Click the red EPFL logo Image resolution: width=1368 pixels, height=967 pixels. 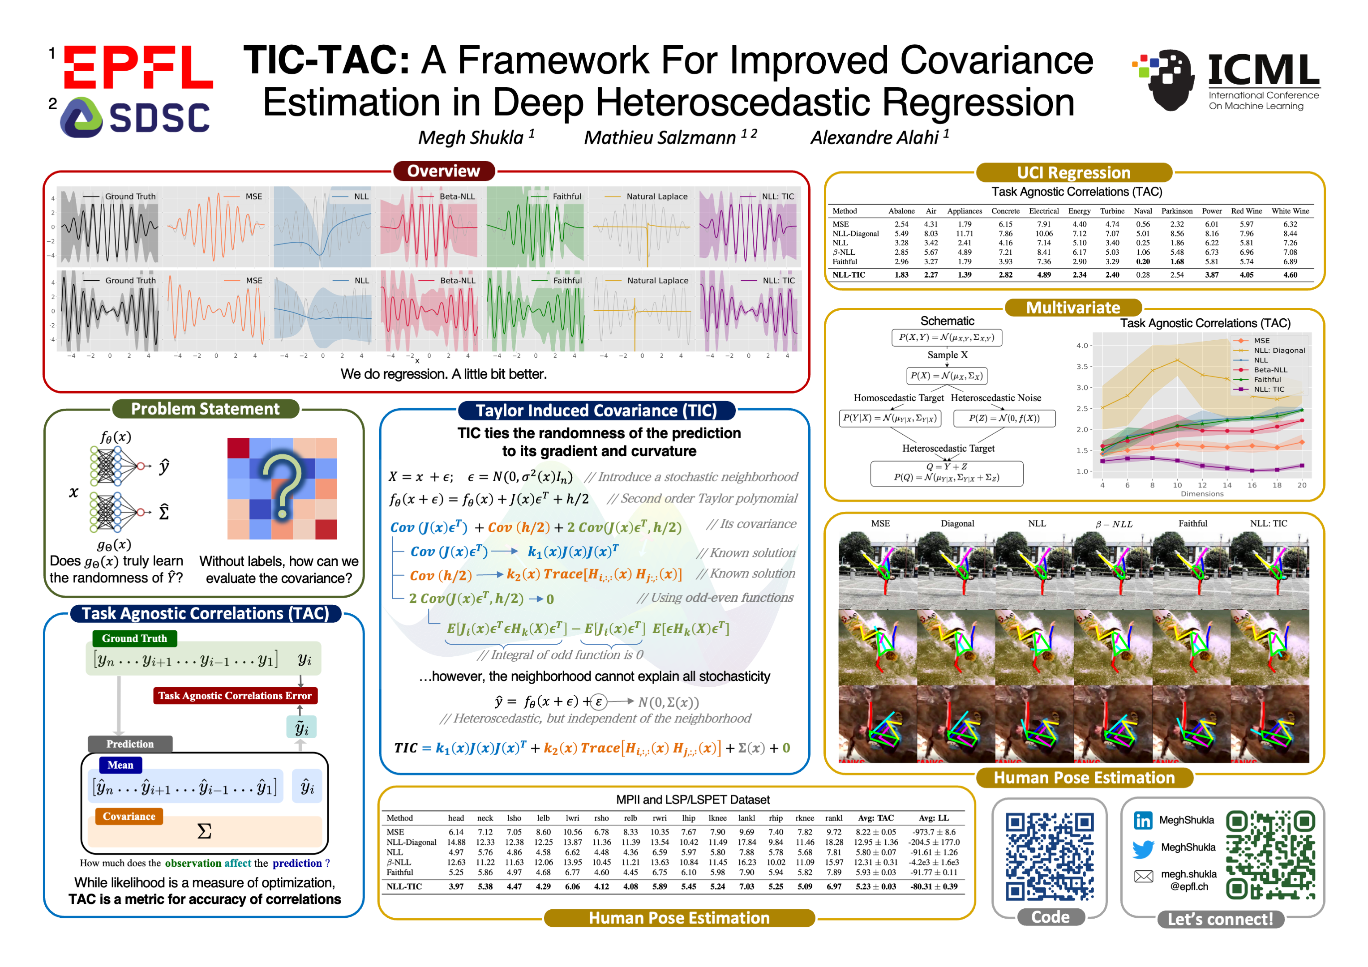[138, 67]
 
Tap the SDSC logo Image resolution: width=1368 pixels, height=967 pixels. [136, 117]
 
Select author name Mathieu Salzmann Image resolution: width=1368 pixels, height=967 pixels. [660, 137]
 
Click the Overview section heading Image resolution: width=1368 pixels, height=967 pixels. [443, 171]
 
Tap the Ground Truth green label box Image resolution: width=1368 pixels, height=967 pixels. [135, 638]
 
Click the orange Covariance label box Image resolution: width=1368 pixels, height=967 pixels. [129, 816]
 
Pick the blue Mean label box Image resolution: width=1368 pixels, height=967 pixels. [120, 765]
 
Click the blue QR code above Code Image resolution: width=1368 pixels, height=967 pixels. [1050, 857]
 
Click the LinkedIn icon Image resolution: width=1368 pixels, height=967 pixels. [1143, 821]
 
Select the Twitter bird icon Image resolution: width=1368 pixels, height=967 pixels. [1143, 848]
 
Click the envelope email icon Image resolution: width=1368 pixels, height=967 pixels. [1143, 876]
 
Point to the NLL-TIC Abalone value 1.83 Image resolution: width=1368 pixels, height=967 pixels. [901, 275]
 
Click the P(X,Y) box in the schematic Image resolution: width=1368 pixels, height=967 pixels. [947, 338]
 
